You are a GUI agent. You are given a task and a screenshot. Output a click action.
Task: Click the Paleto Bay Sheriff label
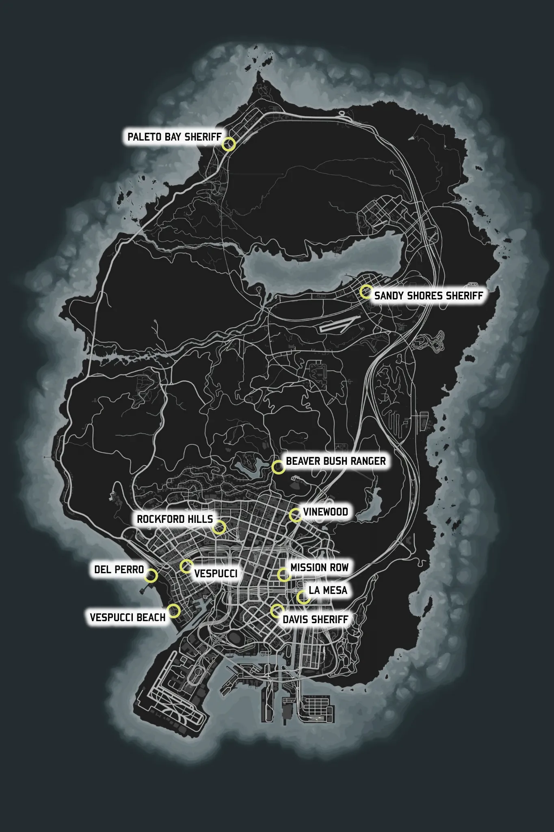(174, 137)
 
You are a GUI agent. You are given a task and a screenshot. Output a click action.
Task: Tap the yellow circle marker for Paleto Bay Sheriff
(229, 144)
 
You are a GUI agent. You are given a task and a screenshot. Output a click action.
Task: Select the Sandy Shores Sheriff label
(428, 295)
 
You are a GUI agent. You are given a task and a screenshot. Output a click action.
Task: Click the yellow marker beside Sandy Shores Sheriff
(366, 292)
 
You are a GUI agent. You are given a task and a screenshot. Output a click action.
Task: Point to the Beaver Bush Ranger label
(335, 461)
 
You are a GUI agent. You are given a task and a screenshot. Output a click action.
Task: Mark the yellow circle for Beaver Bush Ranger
(278, 467)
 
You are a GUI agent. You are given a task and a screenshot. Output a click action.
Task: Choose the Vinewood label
(325, 512)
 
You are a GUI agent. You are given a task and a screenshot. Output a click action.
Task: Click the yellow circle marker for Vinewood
(296, 515)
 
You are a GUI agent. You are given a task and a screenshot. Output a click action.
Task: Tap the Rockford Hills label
(175, 519)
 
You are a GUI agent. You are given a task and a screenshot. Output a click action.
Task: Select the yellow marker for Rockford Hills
(219, 527)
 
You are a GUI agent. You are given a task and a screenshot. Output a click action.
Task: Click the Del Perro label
(119, 570)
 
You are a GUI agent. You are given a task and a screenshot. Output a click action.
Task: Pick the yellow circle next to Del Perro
(151, 576)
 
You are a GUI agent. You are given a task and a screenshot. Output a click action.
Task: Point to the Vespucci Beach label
(128, 617)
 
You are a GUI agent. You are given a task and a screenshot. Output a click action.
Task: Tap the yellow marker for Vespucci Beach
(174, 611)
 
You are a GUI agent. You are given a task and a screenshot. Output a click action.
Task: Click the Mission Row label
(319, 568)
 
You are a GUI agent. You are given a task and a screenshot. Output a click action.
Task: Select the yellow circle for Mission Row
(284, 574)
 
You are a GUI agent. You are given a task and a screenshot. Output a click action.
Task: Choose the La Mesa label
(328, 590)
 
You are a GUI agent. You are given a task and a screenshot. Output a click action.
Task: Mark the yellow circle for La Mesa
(303, 598)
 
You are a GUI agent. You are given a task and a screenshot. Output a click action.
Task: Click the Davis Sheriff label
(315, 620)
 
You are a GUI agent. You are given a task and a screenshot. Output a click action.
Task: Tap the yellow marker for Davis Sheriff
(277, 611)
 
